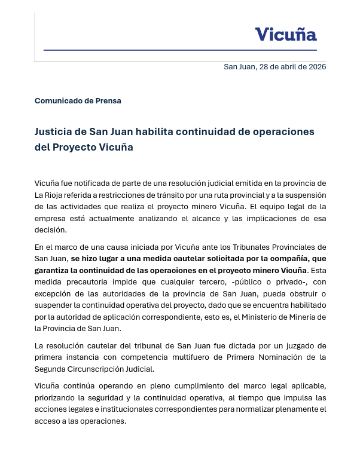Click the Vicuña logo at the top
pos(285,34)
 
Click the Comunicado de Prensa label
pos(78,100)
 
